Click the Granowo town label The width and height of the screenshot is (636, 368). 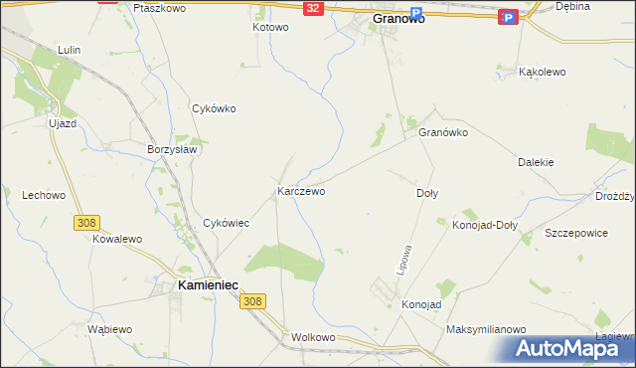(x=397, y=18)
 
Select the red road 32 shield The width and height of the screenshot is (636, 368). (x=313, y=8)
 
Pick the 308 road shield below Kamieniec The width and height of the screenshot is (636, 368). (x=253, y=301)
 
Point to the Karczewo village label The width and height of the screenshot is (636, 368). (x=301, y=190)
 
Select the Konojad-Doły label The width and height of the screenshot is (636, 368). (x=484, y=225)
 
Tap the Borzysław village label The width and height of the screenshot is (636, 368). (x=173, y=148)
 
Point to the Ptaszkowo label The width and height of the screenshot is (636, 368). (x=159, y=7)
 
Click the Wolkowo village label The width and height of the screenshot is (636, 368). (x=314, y=337)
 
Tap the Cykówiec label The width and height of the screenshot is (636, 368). (x=226, y=224)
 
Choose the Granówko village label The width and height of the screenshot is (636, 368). (x=442, y=132)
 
